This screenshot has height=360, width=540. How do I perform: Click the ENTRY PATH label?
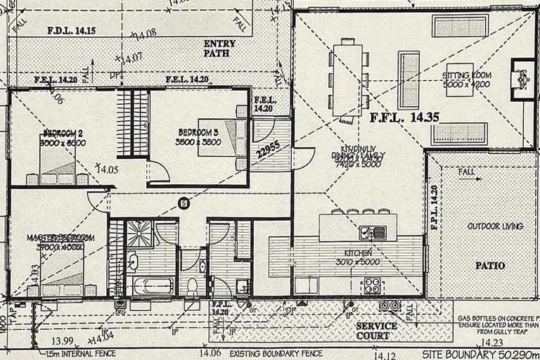click(x=219, y=48)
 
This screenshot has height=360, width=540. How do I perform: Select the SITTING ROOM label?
click(x=466, y=79)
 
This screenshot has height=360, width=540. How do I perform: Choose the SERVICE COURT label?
click(x=375, y=331)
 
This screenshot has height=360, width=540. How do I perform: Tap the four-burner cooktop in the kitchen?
click(x=371, y=286)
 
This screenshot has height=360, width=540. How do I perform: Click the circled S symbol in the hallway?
click(x=184, y=204)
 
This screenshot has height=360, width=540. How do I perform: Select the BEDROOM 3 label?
click(x=199, y=136)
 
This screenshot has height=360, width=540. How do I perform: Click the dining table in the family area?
click(x=347, y=79)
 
